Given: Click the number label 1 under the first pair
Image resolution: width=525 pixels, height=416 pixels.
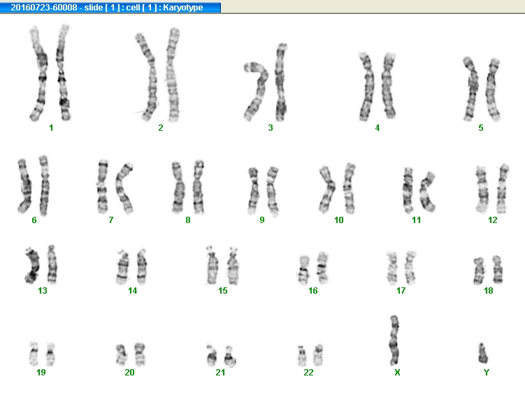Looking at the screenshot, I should click(51, 128).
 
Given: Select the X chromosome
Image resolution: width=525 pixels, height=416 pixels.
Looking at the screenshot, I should click(395, 340).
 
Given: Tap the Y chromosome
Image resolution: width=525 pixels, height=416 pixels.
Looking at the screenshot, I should click(482, 353).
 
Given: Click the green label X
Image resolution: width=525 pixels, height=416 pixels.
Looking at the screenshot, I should click(397, 373).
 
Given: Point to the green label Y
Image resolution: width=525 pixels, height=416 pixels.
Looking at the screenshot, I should click(487, 373).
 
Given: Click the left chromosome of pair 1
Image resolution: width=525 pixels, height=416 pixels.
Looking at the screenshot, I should click(38, 73).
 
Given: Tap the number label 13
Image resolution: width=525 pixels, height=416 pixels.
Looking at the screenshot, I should click(43, 291).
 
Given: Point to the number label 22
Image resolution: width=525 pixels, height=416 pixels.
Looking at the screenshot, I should click(308, 373).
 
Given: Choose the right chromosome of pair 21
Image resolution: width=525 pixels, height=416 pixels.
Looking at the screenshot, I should click(229, 358).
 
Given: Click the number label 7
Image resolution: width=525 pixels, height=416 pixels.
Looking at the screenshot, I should click(110, 220).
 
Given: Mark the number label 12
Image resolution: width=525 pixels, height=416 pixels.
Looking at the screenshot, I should click(493, 220).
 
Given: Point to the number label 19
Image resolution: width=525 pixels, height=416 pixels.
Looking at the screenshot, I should click(41, 373).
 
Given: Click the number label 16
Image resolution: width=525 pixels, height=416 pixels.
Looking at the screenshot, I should click(313, 291).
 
